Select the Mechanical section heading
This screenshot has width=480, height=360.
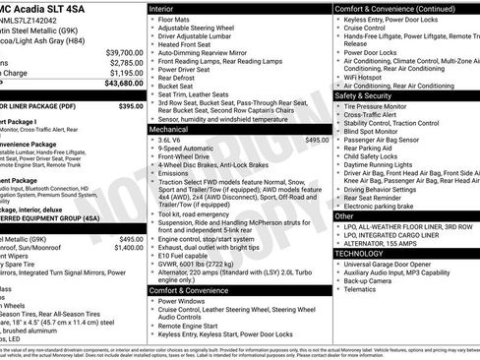(x=175, y=128)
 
